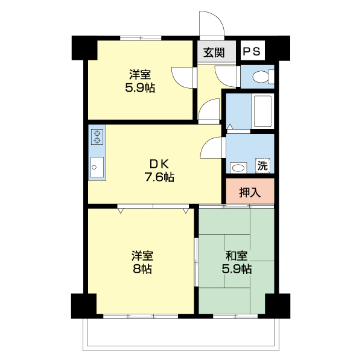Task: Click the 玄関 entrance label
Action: point(214,52)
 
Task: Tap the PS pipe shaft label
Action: point(252,52)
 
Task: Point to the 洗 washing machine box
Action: point(263,164)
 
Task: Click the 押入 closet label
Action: point(250,193)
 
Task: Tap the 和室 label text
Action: point(236,256)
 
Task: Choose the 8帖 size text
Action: point(142,269)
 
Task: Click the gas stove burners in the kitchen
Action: point(97,137)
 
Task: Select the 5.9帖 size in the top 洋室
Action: point(140,87)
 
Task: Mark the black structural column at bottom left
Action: point(83,306)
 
